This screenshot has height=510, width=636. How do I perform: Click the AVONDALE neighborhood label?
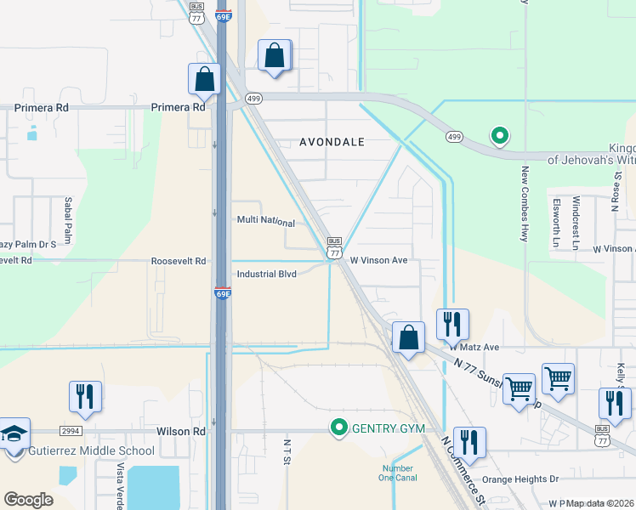332,143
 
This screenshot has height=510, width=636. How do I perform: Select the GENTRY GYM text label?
389,428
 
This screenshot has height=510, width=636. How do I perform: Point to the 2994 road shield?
71,431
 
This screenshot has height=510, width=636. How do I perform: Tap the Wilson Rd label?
181,431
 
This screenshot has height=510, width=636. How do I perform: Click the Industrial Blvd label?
266,275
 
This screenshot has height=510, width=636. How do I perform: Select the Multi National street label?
265,222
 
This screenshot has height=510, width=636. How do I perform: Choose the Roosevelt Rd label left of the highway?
179,261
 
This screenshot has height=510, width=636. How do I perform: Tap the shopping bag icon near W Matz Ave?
408,337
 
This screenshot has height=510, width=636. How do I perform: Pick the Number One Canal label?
398,473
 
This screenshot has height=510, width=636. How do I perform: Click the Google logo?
28,500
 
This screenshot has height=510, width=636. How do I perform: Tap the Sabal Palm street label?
68,221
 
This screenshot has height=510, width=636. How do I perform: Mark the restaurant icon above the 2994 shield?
85,396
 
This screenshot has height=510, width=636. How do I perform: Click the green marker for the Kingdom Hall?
500,135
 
